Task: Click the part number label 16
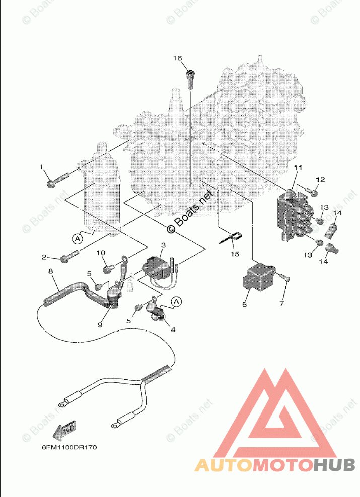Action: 177,58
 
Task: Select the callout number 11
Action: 298,168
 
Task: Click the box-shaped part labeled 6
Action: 260,277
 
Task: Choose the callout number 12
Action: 321,180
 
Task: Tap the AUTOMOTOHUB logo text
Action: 274,466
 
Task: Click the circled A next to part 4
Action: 176,301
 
